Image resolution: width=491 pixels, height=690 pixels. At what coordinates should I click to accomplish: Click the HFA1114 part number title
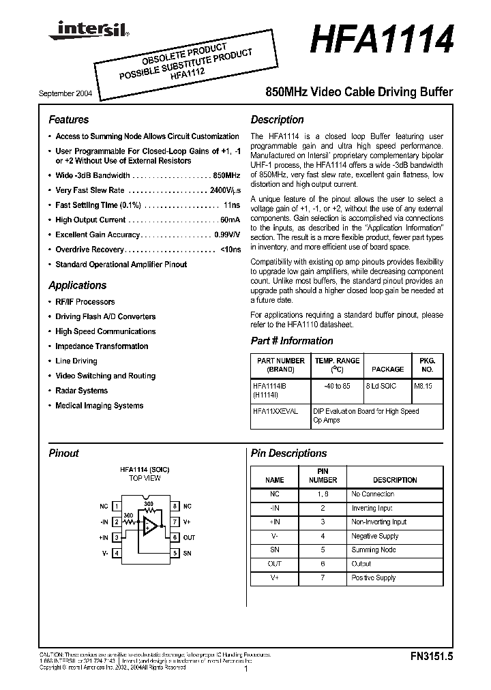point(381,38)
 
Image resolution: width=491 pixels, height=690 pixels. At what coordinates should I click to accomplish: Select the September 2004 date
point(61,92)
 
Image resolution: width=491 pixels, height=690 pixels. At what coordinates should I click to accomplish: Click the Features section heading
point(68,119)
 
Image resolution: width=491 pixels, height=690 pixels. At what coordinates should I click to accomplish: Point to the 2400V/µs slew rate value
point(225,191)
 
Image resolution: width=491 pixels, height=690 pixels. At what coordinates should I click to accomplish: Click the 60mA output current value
point(230,220)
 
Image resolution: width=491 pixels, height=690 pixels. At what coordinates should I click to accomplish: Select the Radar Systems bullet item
point(81,391)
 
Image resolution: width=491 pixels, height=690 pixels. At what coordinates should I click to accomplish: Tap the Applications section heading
point(77,285)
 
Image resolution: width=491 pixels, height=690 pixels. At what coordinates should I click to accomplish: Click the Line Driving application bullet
point(76,361)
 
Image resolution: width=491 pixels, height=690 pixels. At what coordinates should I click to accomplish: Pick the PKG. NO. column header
point(427,364)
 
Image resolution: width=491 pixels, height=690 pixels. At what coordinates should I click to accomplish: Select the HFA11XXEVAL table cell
point(275,412)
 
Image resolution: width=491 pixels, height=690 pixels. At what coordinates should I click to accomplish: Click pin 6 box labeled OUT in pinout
point(175,538)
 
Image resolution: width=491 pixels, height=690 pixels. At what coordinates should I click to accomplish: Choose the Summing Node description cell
point(373,550)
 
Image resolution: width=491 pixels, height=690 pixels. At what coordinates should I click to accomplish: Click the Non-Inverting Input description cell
point(378,522)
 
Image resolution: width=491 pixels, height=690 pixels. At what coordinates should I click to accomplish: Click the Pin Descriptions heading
point(288,453)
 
